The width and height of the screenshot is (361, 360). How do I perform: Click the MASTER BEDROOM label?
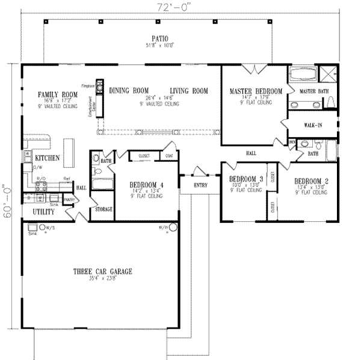[x=256, y=91]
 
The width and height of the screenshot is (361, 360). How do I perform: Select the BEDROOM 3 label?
[x=247, y=179]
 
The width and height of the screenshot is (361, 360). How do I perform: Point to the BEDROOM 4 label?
[x=146, y=185]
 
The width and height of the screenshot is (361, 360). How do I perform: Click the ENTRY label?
[x=200, y=185]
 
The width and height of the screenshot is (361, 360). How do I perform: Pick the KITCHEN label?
[x=46, y=158]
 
